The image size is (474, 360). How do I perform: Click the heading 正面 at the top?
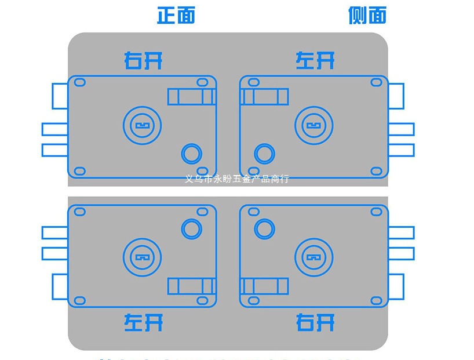click(176, 15)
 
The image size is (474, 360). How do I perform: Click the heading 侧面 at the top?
click(367, 15)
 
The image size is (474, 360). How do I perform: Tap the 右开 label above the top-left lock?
click(143, 60)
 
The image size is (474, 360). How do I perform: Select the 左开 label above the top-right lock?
click(315, 60)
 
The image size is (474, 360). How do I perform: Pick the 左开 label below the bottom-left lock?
click(143, 322)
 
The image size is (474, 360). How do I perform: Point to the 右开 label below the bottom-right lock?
click(315, 322)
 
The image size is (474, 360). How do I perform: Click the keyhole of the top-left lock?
click(142, 125)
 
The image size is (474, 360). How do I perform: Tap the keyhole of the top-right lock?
click(314, 125)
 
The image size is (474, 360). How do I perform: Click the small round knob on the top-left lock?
click(192, 154)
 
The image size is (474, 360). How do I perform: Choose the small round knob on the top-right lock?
click(264, 154)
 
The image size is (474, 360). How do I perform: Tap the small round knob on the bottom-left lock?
click(192, 228)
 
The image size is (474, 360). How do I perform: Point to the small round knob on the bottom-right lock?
click(264, 228)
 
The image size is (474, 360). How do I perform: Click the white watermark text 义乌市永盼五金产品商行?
click(236, 179)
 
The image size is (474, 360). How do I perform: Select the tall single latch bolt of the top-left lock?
click(60, 96)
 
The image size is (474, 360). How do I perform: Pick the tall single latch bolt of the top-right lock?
click(396, 96)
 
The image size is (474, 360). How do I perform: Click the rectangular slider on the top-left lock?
click(192, 96)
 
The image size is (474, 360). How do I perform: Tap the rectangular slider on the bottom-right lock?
click(264, 286)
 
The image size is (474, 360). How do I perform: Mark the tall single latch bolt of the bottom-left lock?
click(60, 286)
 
